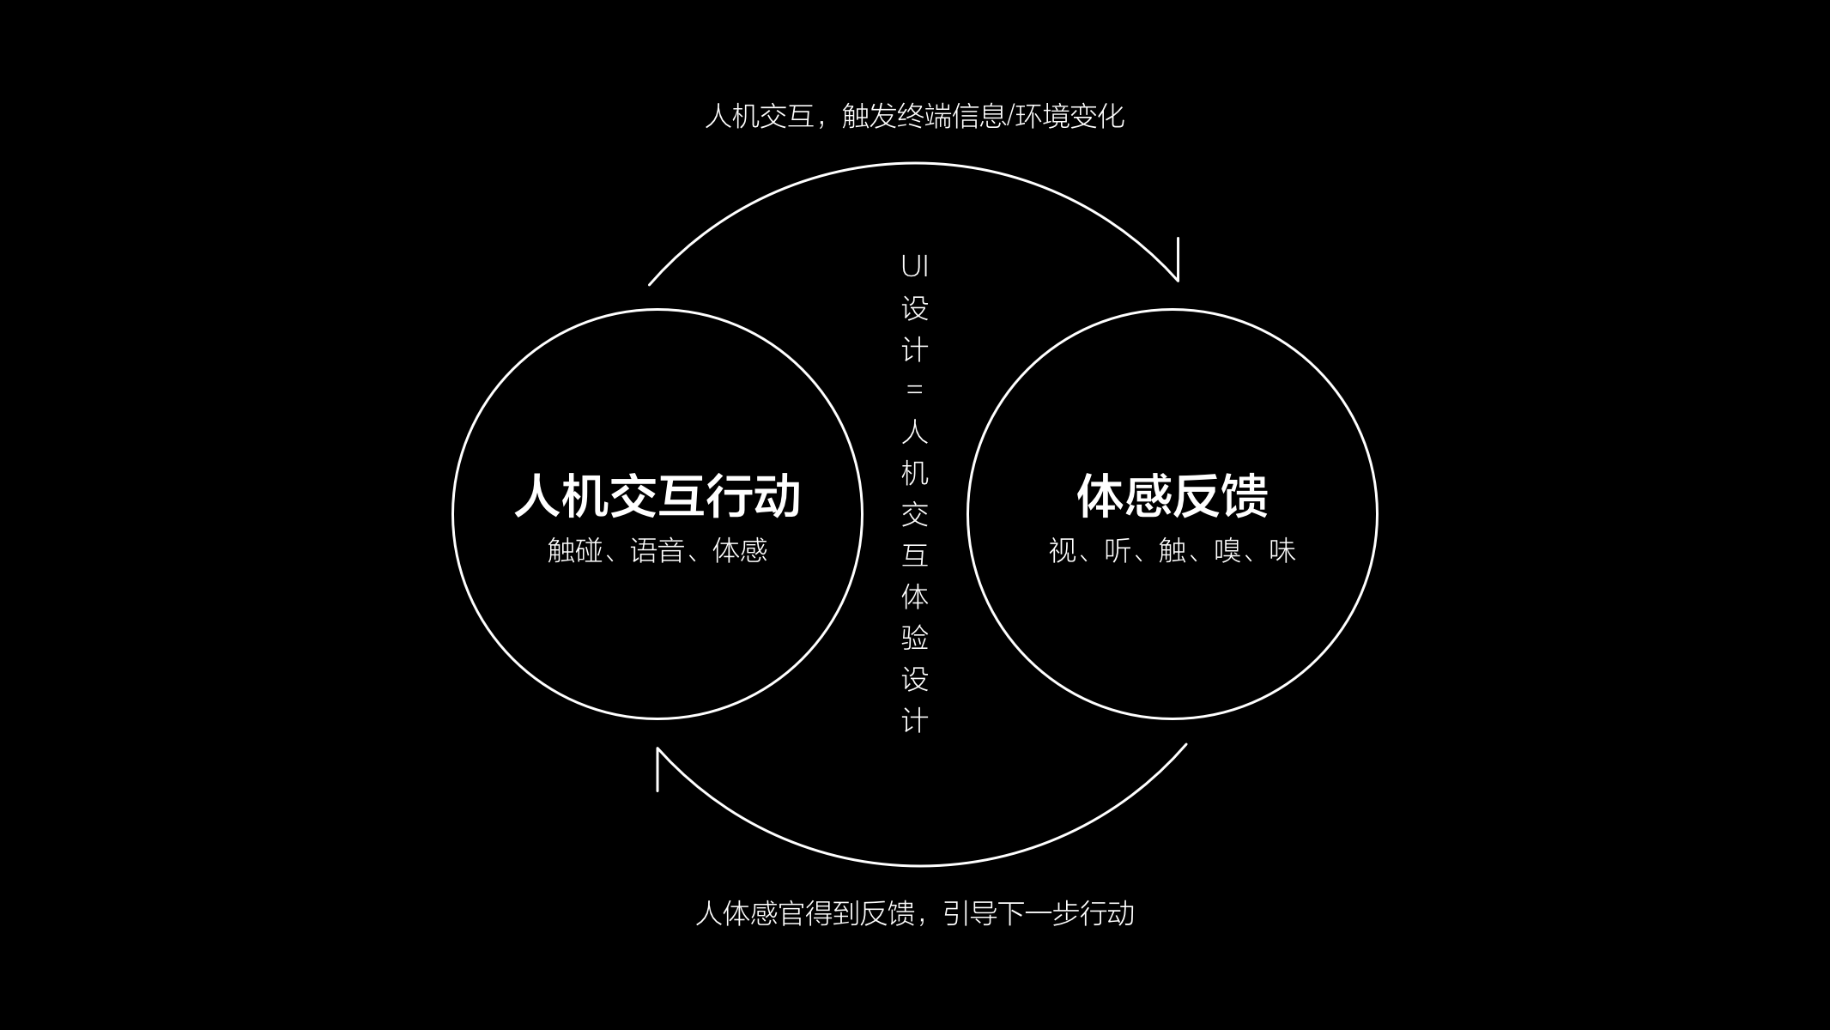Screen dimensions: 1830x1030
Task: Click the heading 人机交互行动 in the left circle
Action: [657, 495]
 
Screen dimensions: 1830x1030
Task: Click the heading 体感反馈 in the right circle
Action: [1172, 495]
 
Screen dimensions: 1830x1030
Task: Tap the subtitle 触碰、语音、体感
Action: [657, 550]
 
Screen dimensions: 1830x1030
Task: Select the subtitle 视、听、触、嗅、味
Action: [1172, 550]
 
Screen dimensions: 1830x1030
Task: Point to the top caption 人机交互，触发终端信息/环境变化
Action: [914, 116]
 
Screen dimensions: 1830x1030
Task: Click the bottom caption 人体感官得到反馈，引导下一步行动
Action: [914, 913]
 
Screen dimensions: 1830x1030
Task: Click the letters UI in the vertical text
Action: [915, 267]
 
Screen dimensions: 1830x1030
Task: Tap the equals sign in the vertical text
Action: [915, 390]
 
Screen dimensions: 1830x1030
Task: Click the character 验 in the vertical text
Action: [915, 638]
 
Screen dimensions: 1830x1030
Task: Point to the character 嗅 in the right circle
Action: [1227, 550]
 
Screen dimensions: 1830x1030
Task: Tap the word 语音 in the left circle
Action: [657, 550]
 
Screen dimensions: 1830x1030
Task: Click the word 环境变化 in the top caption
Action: [1070, 116]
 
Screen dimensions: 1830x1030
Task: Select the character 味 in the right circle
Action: [1282, 550]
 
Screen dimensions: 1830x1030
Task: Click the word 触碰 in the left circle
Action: [575, 550]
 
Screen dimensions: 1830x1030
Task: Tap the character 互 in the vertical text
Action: [915, 555]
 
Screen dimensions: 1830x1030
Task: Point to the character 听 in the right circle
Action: [1118, 550]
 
